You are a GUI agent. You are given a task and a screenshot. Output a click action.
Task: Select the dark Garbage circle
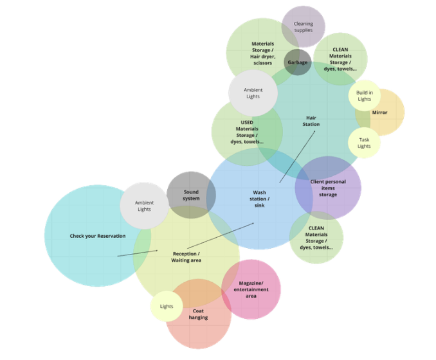tap(298, 62)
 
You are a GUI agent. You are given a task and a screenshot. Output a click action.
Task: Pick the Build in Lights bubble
tap(364, 96)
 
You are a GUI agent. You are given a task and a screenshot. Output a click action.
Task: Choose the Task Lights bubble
tap(364, 143)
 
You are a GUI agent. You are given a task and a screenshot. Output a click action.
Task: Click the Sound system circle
tap(191, 195)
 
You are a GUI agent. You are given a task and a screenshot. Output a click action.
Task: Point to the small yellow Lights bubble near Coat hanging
tap(167, 306)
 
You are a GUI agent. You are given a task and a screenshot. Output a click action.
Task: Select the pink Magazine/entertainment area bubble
tap(251, 289)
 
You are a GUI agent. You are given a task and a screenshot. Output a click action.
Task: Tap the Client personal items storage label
tap(328, 188)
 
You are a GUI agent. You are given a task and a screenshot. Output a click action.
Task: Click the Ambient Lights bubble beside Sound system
tap(144, 206)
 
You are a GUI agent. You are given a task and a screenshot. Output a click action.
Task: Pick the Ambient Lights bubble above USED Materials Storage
tap(253, 93)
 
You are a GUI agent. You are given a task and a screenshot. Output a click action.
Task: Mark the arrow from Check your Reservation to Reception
tap(138, 253)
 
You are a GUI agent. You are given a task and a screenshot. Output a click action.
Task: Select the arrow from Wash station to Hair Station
tap(297, 157)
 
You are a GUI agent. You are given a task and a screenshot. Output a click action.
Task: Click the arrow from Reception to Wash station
tap(221, 235)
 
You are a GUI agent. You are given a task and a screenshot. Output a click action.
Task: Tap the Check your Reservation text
tap(98, 236)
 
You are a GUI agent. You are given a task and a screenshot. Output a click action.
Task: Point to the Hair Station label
tap(311, 121)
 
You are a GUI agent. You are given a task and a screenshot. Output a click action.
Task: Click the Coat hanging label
tap(198, 314)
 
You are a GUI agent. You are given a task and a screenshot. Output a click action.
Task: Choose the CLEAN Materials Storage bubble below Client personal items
tap(316, 237)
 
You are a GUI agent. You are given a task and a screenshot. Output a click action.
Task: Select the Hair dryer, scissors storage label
tap(262, 53)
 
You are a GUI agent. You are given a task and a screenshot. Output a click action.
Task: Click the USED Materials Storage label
tap(247, 131)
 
